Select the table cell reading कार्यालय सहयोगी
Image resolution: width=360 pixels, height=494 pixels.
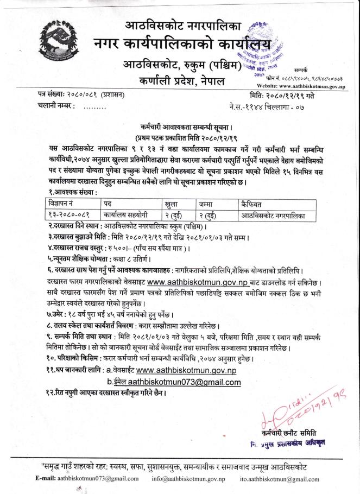pyautogui.click(x=127, y=216)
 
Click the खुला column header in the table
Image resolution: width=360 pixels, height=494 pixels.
pyautogui.click(x=173, y=204)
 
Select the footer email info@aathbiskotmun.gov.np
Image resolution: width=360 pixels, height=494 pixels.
pyautogui.click(x=188, y=479)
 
